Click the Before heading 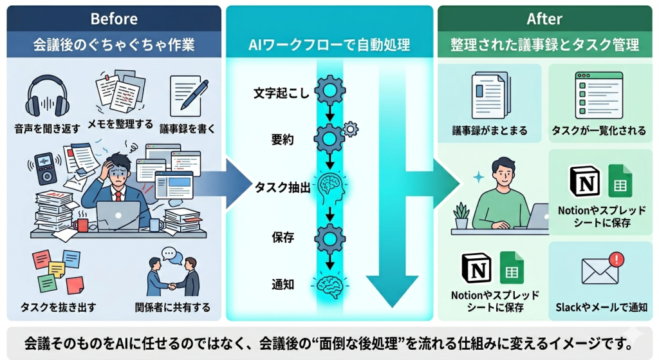coord(114,18)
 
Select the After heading coord(544,18)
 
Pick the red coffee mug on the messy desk coord(82,225)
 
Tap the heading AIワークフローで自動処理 coord(329,46)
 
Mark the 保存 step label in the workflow coord(283,237)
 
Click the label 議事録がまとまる coord(490,131)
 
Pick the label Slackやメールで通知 coord(601,308)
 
